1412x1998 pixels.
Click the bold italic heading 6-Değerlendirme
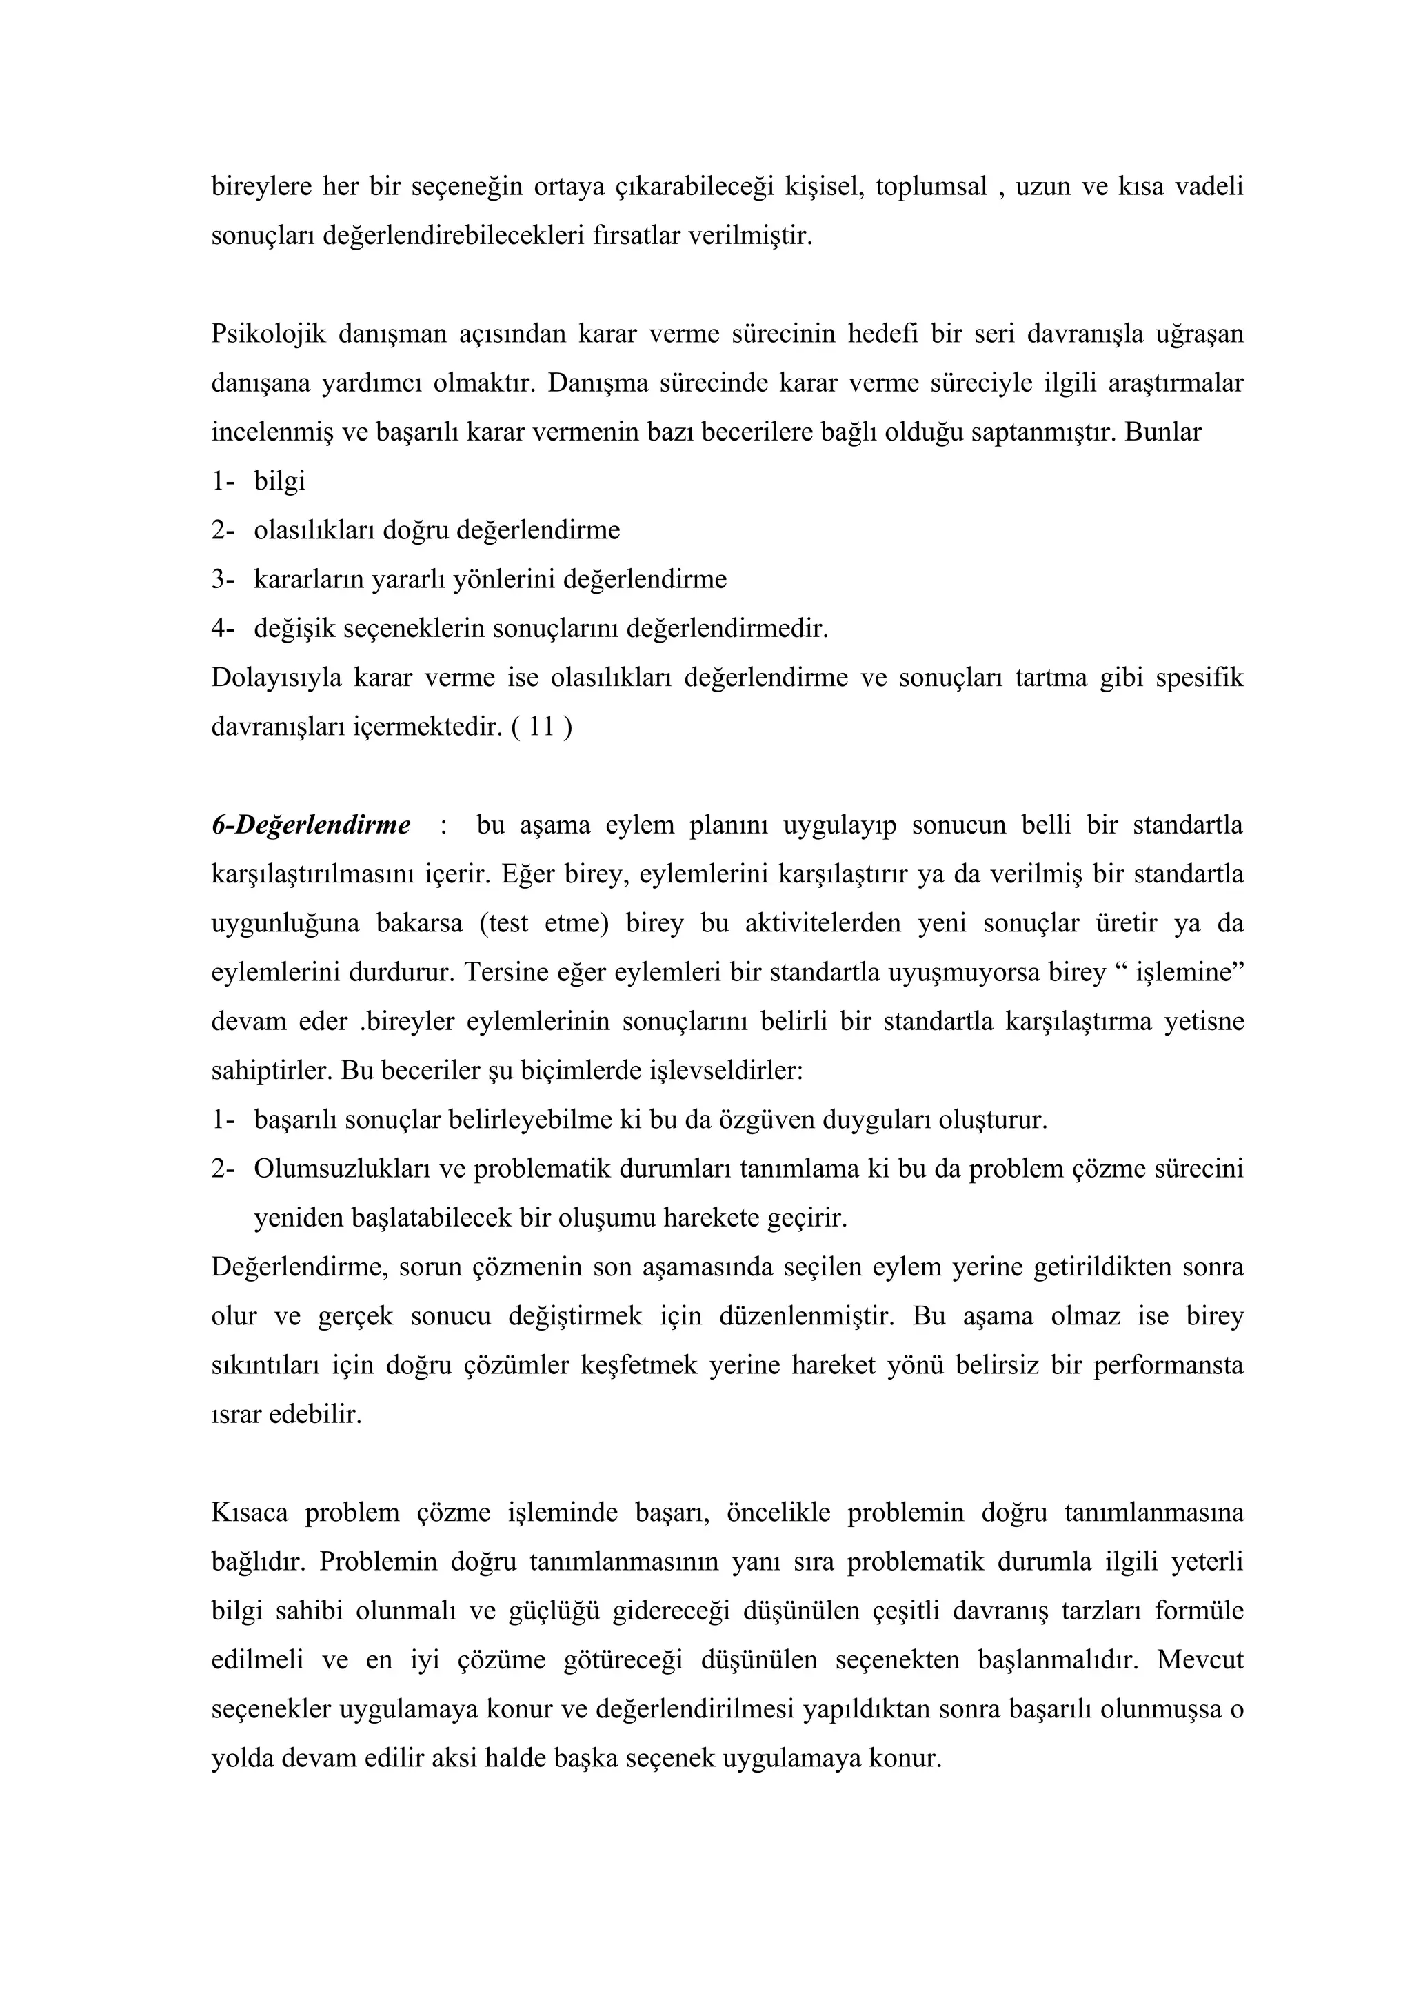310,825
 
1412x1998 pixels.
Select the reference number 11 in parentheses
541,727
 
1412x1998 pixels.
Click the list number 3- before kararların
223,578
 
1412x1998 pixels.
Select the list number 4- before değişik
223,628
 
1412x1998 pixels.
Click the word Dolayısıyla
274,677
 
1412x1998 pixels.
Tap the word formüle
1199,1611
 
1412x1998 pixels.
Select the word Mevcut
1200,1660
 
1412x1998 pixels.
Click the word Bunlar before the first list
1163,432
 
